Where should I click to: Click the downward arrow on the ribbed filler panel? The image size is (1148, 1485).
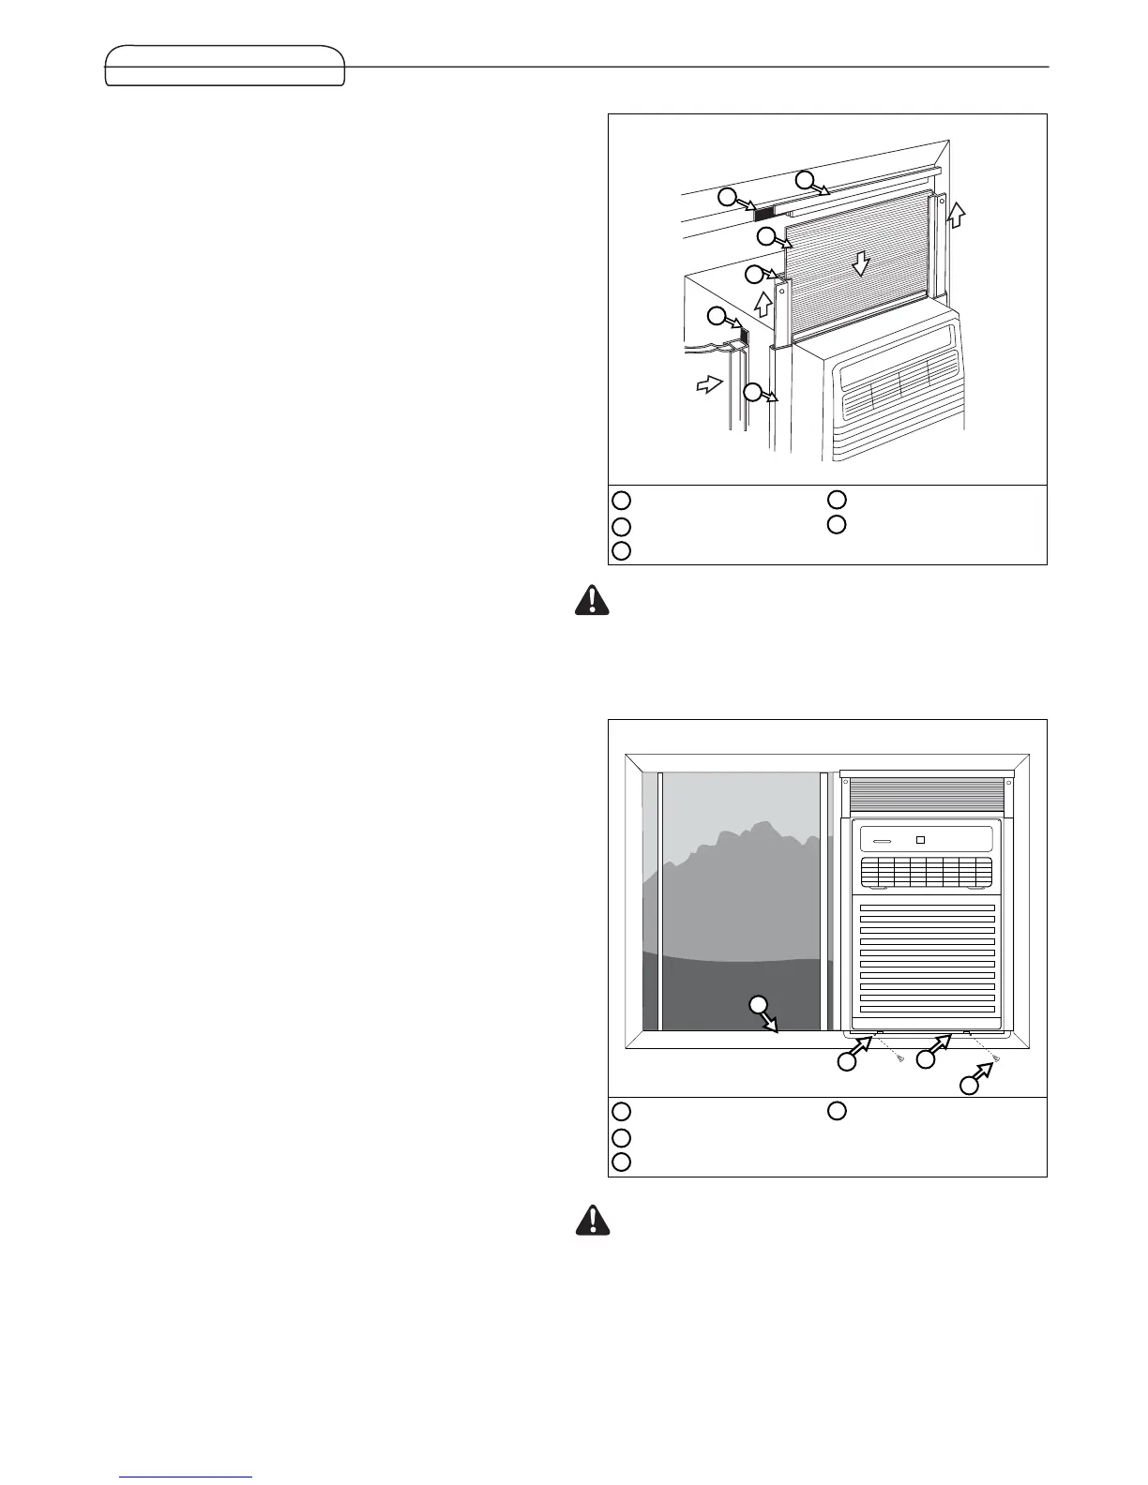[859, 265]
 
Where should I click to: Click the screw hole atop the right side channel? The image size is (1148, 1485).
[939, 199]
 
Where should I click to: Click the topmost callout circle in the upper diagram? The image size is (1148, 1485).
[806, 179]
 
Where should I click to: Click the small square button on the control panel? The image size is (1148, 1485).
[921, 839]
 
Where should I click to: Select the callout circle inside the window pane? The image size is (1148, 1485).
[759, 1006]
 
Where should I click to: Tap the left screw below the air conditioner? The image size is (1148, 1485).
[900, 1058]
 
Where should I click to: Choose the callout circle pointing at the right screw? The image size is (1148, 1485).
[969, 1086]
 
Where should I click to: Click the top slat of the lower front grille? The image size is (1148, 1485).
[927, 908]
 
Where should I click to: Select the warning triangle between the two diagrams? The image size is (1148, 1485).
[592, 600]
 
